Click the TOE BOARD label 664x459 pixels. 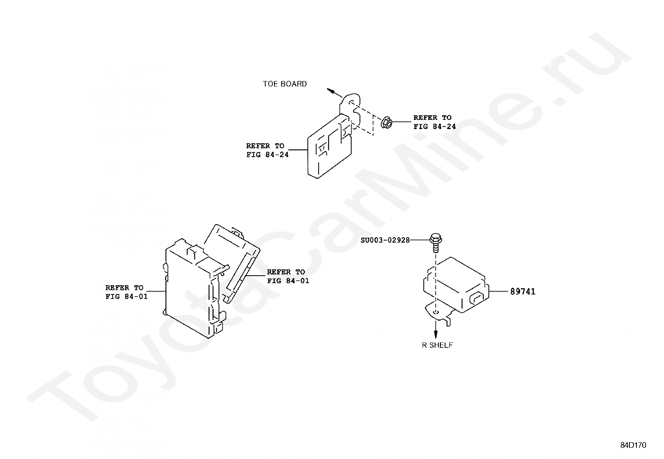coord(284,84)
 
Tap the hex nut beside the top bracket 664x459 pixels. coord(386,122)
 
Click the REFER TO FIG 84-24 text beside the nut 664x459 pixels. coord(435,122)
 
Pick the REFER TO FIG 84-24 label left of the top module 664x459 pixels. coord(267,150)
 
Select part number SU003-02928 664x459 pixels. coord(385,240)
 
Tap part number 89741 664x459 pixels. coord(523,292)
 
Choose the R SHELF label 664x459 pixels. coord(437,345)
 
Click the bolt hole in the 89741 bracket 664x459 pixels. coord(435,312)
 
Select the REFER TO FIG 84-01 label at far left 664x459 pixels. coord(126,292)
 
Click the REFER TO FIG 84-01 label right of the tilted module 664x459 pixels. coord(288,276)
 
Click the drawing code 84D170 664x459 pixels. coord(633,445)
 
